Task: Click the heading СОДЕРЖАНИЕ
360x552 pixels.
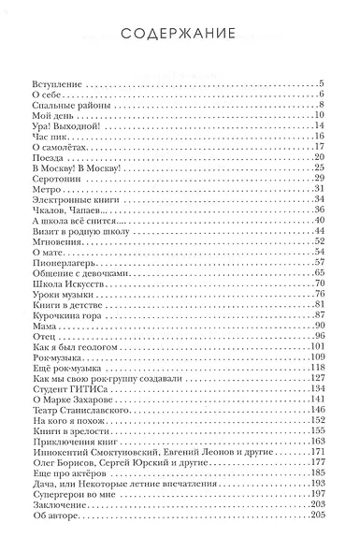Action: click(180, 37)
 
